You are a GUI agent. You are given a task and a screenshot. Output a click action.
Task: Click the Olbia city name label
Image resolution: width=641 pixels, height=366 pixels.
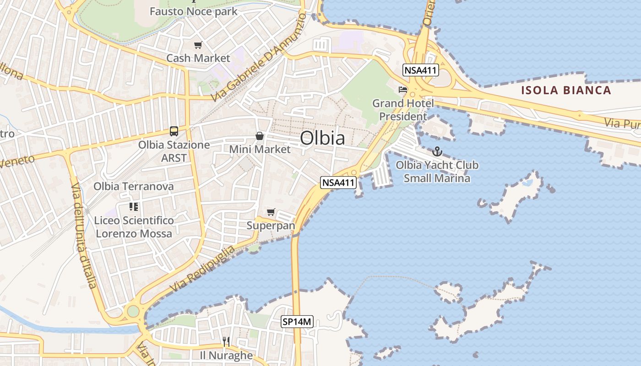click(322, 138)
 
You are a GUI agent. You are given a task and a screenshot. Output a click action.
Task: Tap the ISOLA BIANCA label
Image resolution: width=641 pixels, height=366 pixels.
click(566, 90)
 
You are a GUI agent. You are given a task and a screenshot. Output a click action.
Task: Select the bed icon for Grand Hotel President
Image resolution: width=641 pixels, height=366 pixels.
click(403, 90)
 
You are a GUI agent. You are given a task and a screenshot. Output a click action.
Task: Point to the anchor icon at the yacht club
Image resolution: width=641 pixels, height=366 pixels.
click(437, 151)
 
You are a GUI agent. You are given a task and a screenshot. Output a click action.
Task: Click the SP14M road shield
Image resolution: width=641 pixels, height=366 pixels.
click(297, 322)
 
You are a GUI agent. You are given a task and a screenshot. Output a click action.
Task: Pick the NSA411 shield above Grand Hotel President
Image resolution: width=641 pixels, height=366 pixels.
click(421, 70)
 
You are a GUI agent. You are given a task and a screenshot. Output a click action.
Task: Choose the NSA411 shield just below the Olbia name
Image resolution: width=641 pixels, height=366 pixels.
click(338, 183)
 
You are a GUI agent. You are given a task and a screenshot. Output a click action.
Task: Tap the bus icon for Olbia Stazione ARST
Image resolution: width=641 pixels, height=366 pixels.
click(174, 131)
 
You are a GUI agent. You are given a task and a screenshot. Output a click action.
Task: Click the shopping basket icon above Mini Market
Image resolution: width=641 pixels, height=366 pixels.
click(260, 136)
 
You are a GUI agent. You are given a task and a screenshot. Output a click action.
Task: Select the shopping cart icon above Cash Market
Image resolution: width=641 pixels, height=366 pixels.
click(198, 45)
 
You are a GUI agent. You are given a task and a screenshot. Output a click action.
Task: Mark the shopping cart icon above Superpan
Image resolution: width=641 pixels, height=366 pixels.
click(271, 212)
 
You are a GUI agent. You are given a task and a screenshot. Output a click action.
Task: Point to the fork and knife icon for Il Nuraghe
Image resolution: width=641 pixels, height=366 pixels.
click(226, 341)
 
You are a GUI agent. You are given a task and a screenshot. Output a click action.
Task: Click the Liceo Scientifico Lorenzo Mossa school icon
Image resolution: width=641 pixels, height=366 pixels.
click(134, 207)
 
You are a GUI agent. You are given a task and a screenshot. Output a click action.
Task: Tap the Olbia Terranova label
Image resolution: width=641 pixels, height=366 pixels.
click(134, 186)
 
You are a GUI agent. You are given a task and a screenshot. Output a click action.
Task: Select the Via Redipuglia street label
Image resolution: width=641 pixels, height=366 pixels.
click(203, 269)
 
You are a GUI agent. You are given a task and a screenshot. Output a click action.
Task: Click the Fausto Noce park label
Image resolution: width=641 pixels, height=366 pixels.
click(194, 11)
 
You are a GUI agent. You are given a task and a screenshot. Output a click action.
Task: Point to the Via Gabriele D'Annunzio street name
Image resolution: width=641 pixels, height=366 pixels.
click(259, 58)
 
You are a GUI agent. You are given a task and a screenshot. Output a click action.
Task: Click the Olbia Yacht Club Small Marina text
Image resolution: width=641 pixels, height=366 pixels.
click(437, 172)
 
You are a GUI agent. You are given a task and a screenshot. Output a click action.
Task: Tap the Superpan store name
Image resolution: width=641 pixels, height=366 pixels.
click(271, 226)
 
